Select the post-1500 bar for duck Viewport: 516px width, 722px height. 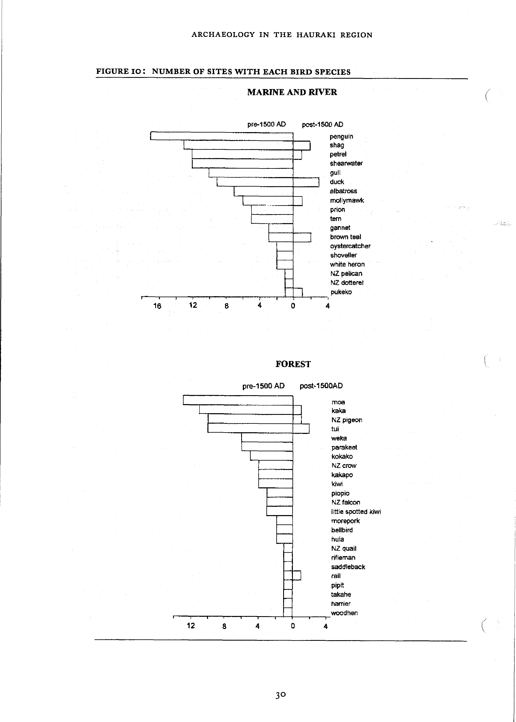click(x=306, y=182)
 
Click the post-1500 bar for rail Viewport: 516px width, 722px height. click(x=296, y=575)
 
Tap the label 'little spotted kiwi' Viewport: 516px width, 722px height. click(x=356, y=512)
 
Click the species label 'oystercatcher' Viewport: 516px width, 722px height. click(x=350, y=246)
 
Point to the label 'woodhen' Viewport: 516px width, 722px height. click(x=344, y=613)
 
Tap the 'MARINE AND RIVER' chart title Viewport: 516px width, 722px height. click(x=292, y=92)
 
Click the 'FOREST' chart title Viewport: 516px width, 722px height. click(x=293, y=364)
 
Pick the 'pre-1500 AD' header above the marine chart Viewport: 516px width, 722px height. click(x=267, y=124)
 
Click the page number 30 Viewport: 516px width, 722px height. click(x=280, y=695)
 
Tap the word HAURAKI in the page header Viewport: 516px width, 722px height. click(x=316, y=35)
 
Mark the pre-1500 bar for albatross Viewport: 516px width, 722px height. click(x=263, y=191)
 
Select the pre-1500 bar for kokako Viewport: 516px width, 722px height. click(x=271, y=456)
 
